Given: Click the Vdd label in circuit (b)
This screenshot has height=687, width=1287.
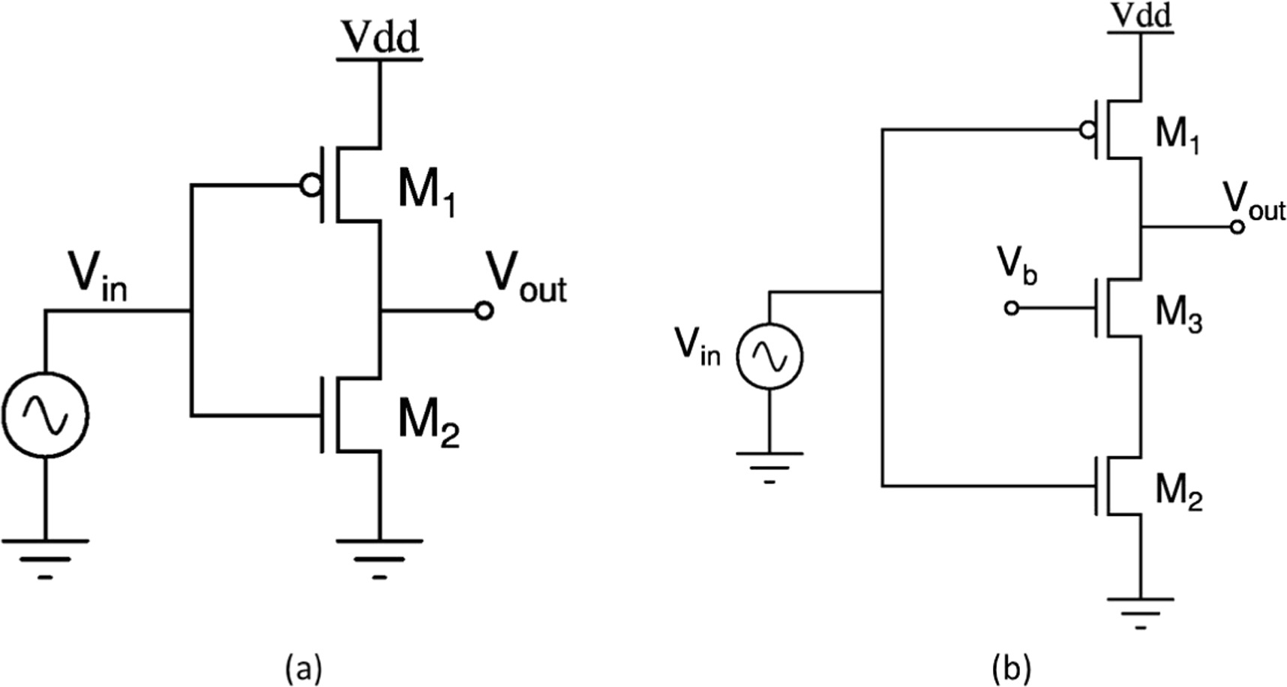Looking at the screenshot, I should tap(1141, 15).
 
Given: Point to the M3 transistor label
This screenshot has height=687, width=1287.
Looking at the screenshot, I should tap(1178, 312).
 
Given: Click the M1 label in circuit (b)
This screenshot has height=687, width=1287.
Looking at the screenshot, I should tap(1177, 135).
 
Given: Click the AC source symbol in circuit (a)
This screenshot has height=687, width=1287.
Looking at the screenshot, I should tap(45, 414).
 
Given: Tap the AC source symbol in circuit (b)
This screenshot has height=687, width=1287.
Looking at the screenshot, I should tap(769, 356).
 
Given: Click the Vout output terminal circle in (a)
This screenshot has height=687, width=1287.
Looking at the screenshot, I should tap(484, 310).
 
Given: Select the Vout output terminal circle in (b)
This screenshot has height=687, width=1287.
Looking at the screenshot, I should tap(1237, 226).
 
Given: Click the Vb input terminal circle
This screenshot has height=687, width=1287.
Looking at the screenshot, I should tap(1012, 308).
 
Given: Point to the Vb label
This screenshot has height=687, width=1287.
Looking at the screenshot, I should tap(1017, 266).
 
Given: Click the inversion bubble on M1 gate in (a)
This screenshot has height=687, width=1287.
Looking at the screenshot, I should tap(310, 185).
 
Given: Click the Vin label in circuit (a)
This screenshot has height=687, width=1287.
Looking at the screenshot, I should tap(98, 277).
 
